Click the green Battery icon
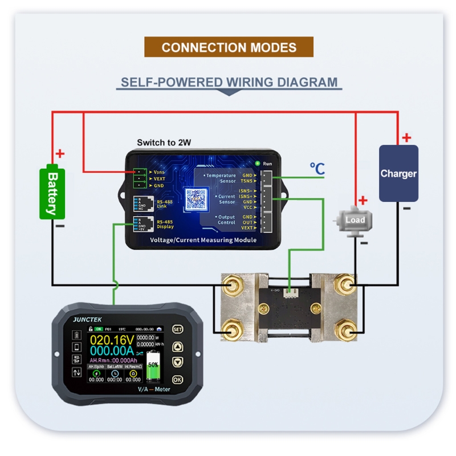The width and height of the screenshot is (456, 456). [52, 193]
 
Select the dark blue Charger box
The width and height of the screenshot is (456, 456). [398, 173]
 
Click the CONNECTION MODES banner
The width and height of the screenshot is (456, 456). [229, 47]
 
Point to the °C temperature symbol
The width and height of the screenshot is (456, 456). [317, 169]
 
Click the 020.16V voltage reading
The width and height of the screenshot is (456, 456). [111, 341]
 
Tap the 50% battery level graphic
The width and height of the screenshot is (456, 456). [153, 367]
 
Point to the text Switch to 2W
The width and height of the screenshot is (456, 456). [164, 142]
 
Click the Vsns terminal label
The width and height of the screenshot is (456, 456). [159, 172]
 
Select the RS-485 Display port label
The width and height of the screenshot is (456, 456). [165, 224]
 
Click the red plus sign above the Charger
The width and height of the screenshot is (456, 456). [406, 137]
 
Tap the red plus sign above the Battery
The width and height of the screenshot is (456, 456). [60, 153]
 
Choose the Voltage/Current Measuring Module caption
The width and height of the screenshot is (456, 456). [203, 241]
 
